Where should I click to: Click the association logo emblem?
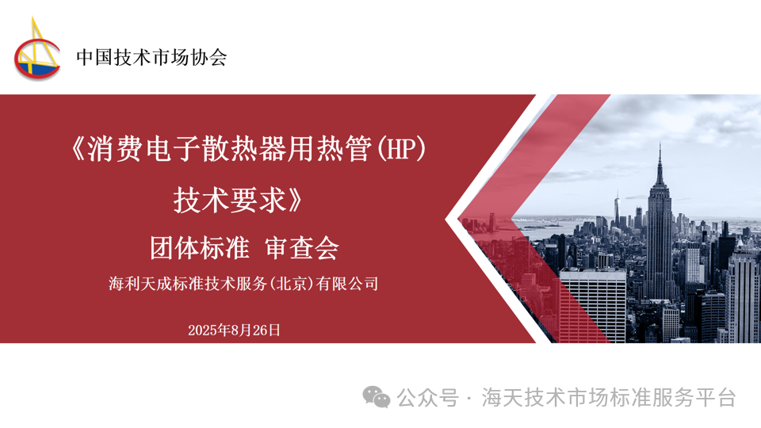click(37, 48)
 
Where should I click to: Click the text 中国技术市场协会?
click(151, 57)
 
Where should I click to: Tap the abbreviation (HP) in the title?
click(401, 149)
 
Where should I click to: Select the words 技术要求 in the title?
click(230, 200)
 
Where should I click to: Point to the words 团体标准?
click(200, 248)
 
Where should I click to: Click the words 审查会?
click(302, 248)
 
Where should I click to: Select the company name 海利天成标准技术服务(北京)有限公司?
click(243, 284)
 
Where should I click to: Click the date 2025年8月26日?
click(234, 331)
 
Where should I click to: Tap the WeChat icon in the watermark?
click(376, 397)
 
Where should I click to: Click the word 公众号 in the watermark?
click(427, 398)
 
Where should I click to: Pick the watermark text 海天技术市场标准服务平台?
click(609, 398)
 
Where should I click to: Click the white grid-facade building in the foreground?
click(593, 306)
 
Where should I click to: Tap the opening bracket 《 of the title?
click(78, 149)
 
